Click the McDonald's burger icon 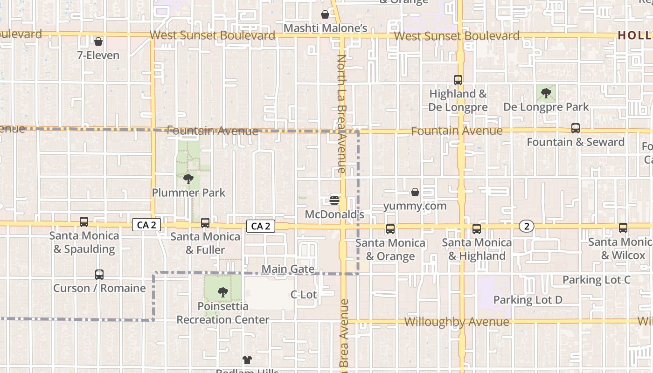(x=334, y=200)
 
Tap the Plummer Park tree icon (x=188, y=179)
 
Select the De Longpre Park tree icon (x=546, y=94)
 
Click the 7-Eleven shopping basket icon (x=98, y=41)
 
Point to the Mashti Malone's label (x=326, y=28)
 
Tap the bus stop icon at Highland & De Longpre (x=458, y=80)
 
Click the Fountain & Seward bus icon (x=576, y=128)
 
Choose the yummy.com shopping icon (x=415, y=192)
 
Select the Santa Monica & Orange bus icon (x=390, y=229)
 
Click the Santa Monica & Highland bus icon (x=477, y=229)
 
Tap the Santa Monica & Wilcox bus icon (x=623, y=228)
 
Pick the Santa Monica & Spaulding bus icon (x=84, y=222)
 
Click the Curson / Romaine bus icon (x=99, y=275)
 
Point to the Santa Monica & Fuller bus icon (x=205, y=223)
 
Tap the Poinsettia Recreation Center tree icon (x=223, y=292)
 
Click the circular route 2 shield (x=527, y=226)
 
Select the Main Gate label (x=288, y=269)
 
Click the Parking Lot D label (x=528, y=300)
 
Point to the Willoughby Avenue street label (x=457, y=322)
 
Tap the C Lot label (x=304, y=295)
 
